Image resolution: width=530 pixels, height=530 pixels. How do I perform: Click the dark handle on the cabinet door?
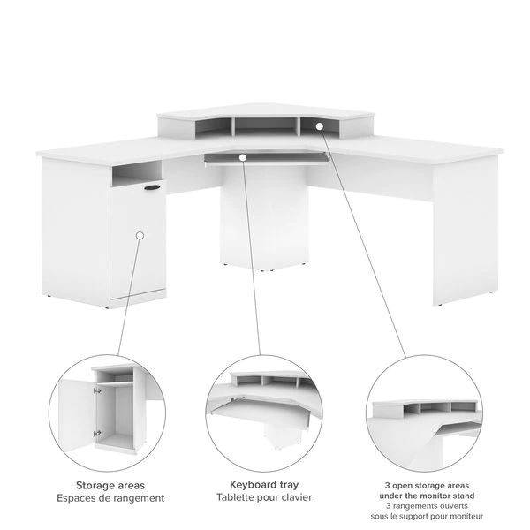point(153,187)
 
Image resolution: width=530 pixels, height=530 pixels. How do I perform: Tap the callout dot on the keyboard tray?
point(242,157)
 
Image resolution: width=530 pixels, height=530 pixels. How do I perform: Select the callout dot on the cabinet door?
point(140,235)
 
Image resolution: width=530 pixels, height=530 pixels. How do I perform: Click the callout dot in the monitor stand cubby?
point(320,126)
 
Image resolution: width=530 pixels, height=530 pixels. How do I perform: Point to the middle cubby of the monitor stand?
point(266,126)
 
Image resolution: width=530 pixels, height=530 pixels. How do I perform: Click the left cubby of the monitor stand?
point(213,128)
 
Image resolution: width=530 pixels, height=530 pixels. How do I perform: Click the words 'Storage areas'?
point(110,485)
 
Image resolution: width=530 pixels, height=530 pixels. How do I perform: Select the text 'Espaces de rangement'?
point(110,498)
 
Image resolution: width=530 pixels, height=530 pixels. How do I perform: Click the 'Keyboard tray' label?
point(264,485)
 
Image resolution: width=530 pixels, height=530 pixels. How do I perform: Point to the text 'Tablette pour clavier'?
point(264,497)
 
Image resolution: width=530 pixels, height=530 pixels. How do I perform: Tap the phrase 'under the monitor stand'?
point(427,496)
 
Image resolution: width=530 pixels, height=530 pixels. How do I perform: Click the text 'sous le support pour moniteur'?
point(427,516)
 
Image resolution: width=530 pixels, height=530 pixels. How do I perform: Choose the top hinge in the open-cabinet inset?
point(97,391)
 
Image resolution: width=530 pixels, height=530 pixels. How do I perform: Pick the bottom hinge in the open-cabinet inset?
point(97,433)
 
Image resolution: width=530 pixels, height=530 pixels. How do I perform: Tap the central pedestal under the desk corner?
point(264,216)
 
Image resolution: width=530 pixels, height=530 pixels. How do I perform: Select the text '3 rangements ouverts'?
point(427,506)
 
